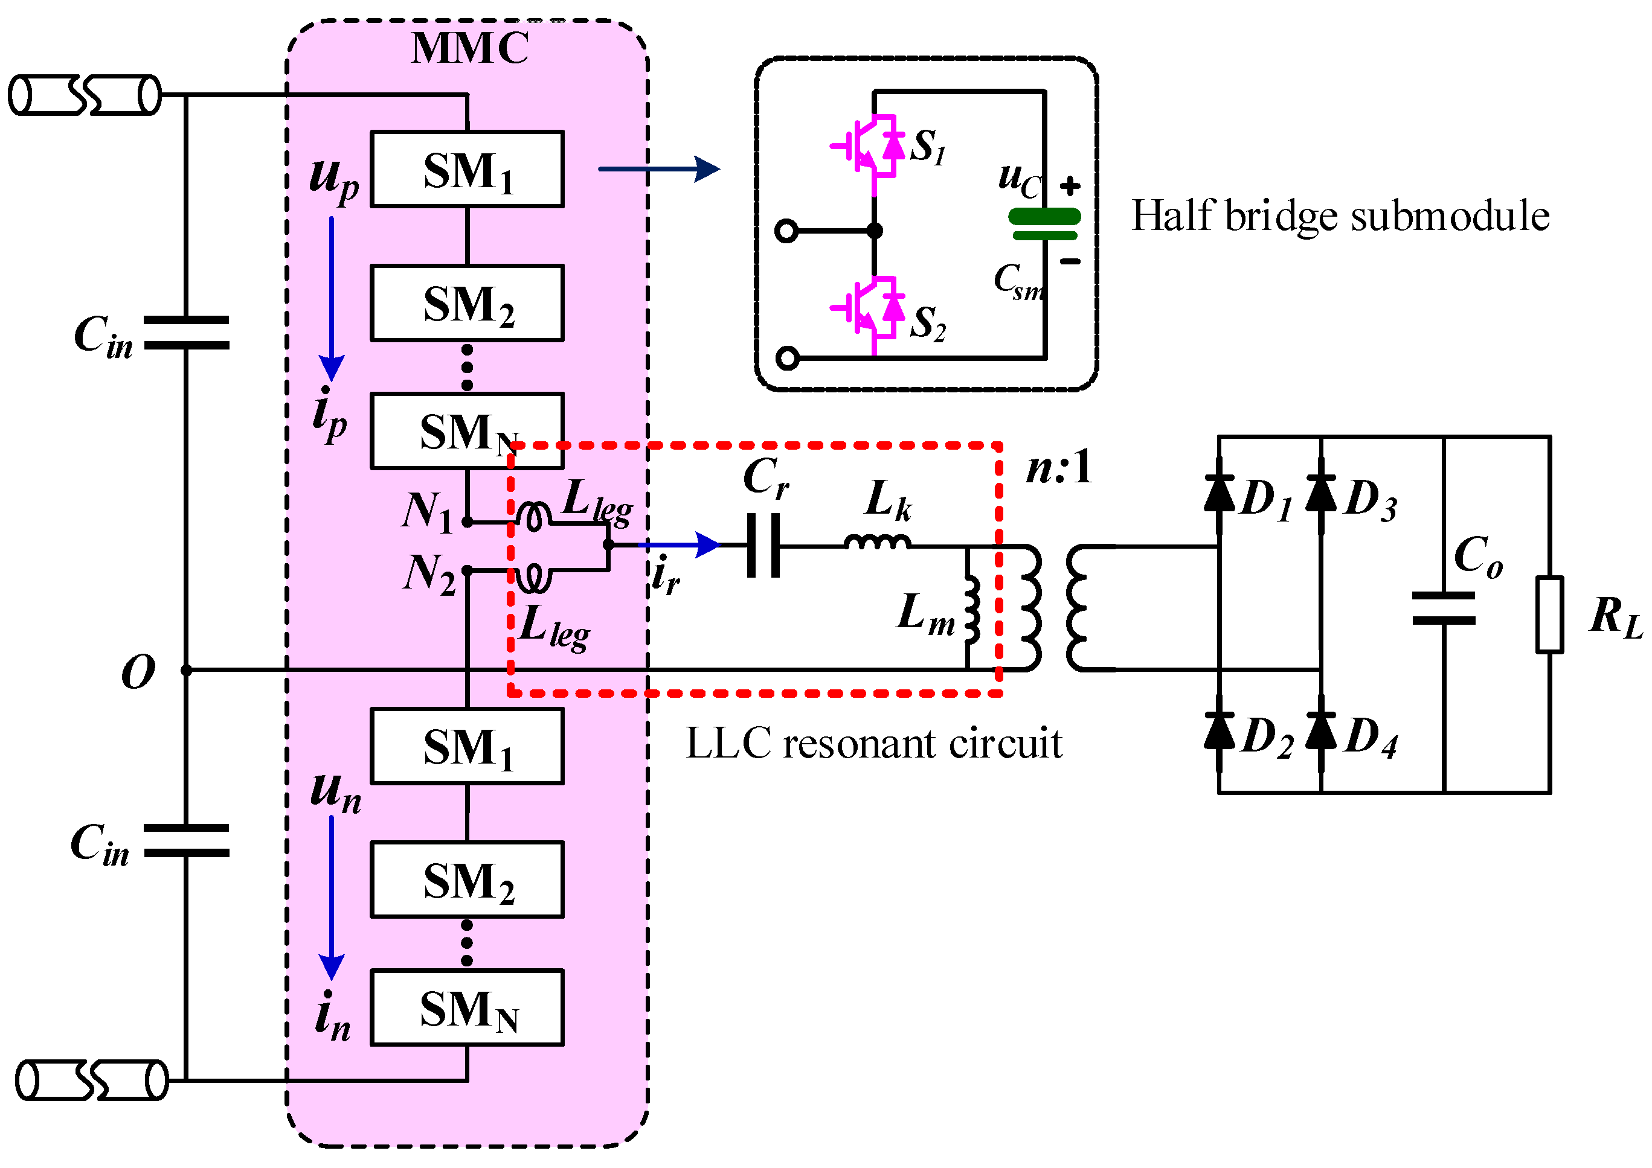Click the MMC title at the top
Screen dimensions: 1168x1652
point(470,49)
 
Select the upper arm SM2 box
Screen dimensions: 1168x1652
point(467,303)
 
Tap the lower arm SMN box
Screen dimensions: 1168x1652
point(467,1007)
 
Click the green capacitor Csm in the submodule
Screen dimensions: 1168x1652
point(1045,224)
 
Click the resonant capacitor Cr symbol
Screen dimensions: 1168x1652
point(763,545)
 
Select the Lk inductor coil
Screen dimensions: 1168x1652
point(877,542)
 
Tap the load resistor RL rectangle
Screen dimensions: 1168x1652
point(1549,615)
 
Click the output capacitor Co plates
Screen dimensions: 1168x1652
point(1444,608)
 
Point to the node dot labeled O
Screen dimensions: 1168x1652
point(187,670)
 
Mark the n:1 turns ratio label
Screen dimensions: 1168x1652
point(1058,468)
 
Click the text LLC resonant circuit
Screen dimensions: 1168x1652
point(873,744)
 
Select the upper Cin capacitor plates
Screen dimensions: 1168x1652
point(187,332)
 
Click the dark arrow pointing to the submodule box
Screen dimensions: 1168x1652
point(658,169)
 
